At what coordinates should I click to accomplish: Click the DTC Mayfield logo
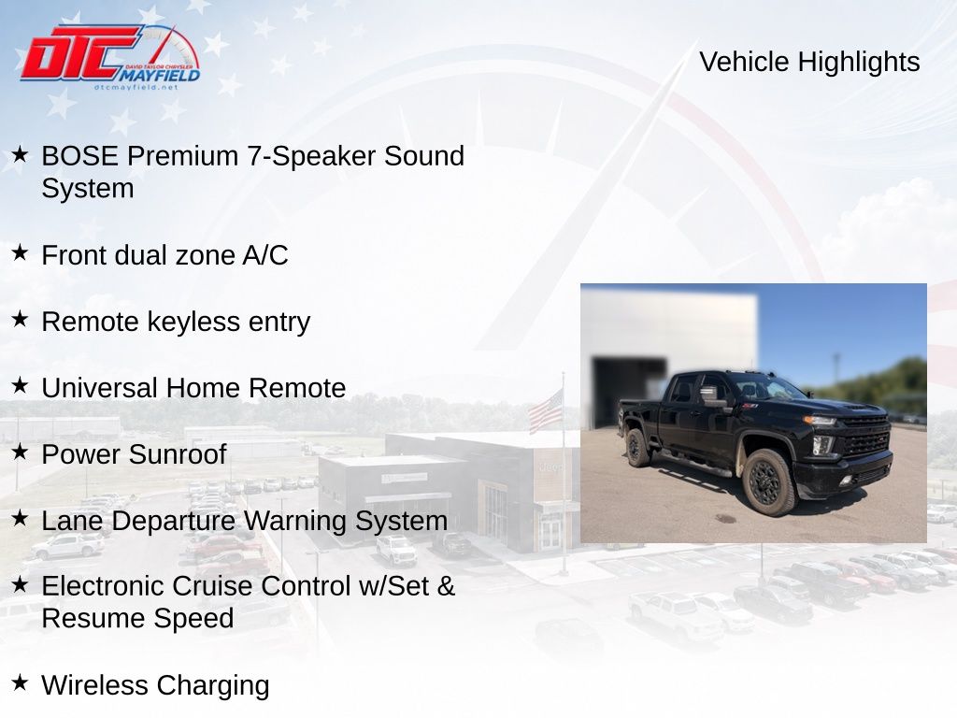pos(110,57)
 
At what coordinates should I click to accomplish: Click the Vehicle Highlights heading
pos(809,62)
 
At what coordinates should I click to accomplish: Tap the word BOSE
pos(80,156)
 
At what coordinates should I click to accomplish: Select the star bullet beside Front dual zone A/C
pos(20,252)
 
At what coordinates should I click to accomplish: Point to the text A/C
pos(264,255)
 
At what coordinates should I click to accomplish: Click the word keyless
pos(194,322)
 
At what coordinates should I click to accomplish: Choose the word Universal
pos(100,388)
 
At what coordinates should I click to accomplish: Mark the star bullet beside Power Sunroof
pos(20,452)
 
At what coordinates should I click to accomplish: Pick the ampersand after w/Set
pos(446,586)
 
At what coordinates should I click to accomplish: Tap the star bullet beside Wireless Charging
pos(20,682)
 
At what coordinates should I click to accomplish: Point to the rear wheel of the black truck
pos(637,448)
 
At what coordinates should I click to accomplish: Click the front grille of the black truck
pos(864,438)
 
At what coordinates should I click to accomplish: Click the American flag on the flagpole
pos(546,412)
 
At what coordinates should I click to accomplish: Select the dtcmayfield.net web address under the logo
pos(136,87)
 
